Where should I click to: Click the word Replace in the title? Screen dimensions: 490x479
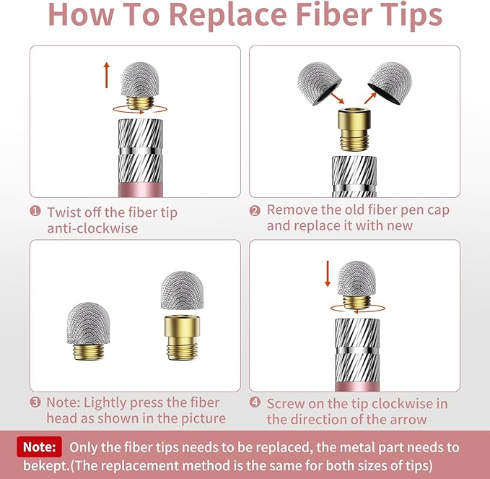coord(228,16)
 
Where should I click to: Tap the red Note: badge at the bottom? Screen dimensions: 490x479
coord(40,446)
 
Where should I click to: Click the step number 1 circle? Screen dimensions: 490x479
coord(35,211)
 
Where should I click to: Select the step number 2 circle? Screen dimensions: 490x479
coord(255,211)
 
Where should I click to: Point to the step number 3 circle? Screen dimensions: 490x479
coord(35,402)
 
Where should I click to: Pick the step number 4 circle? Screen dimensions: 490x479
coord(255,402)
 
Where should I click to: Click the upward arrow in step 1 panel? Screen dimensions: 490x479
coord(107,75)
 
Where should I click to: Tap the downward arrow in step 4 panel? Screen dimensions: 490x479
coord(328,274)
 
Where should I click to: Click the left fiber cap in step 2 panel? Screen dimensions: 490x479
coord(319,84)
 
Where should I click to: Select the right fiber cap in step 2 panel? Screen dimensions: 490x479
coord(390,83)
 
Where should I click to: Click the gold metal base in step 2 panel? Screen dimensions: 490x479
coord(354,129)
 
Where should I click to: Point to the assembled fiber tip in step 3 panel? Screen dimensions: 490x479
coord(89,331)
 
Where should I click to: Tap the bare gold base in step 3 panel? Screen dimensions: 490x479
coord(182,338)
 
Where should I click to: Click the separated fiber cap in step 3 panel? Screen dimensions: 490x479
coord(182,290)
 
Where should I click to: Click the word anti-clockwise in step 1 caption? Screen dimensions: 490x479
coord(92,228)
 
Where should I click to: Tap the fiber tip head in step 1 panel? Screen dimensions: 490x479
coord(140,79)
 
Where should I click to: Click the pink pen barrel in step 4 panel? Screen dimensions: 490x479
coord(357,387)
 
